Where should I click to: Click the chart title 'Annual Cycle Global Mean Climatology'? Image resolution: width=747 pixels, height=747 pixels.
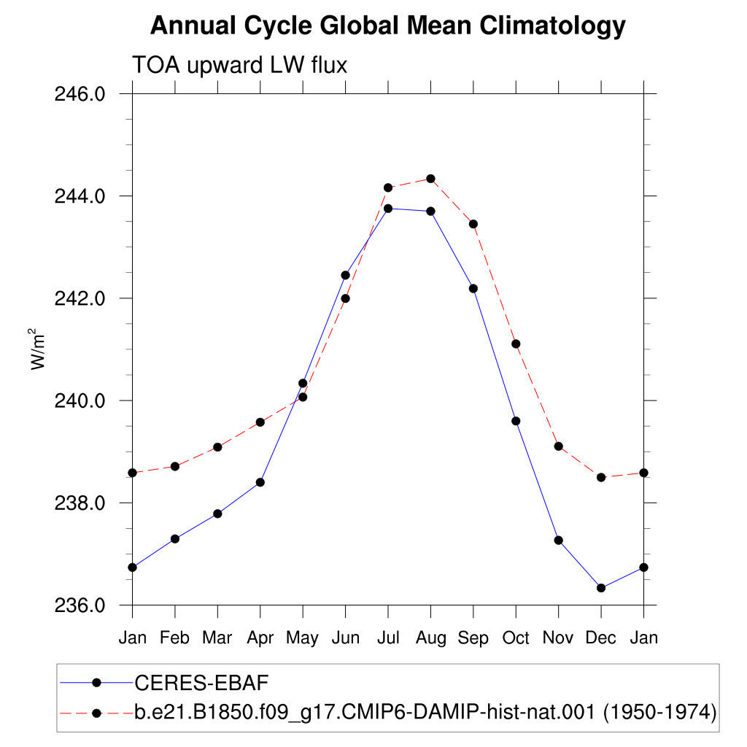[388, 26]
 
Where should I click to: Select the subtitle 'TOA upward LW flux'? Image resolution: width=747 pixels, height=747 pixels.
[239, 65]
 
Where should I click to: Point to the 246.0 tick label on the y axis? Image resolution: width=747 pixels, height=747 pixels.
[80, 94]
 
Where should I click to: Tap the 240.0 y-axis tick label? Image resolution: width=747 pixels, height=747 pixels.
[80, 400]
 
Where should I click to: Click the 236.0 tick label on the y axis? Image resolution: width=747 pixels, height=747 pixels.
[80, 605]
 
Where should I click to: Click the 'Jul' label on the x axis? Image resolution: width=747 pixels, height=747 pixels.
[388, 638]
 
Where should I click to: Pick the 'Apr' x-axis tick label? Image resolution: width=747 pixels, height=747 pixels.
[260, 638]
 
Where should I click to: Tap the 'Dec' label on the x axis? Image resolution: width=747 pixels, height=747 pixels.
[601, 638]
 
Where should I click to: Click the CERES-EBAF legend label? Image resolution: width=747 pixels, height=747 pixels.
[201, 683]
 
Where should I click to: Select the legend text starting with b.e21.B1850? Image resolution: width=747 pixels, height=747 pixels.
[425, 713]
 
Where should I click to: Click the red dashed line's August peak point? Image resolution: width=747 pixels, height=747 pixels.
[430, 179]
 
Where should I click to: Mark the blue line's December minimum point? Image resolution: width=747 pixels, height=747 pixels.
[601, 588]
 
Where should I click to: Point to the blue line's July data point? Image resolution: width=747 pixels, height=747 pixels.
[388, 208]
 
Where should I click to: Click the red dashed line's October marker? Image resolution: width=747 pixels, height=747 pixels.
[516, 344]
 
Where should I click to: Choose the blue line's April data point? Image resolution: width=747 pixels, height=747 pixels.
[260, 482]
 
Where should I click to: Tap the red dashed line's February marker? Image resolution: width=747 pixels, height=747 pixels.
[175, 466]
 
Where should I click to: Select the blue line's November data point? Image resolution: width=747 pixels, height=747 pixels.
[559, 541]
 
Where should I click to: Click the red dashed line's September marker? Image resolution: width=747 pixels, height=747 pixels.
[473, 224]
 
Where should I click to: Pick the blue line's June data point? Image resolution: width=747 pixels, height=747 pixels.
[345, 275]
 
